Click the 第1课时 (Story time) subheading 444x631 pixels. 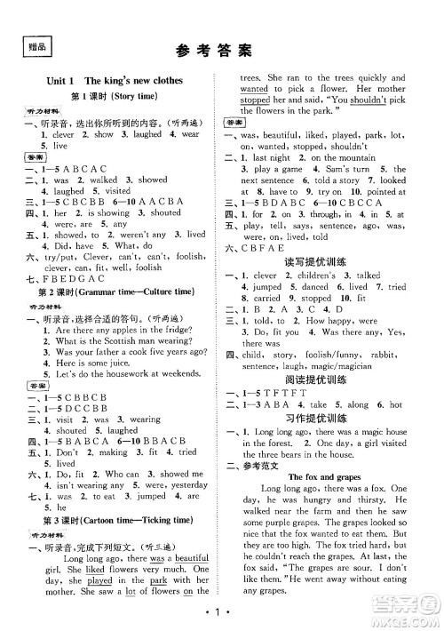pyautogui.click(x=113, y=96)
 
